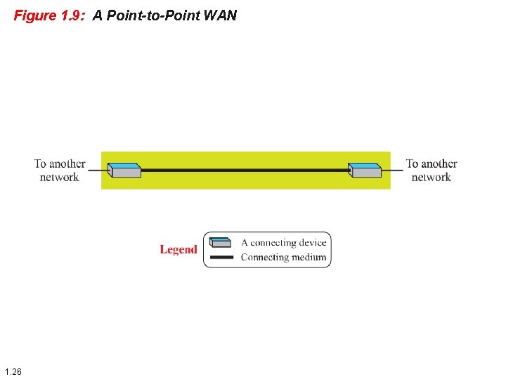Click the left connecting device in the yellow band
pyautogui.click(x=125, y=170)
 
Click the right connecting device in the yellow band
pyautogui.click(x=365, y=170)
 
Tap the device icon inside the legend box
pyautogui.click(x=221, y=242)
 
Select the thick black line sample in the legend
pyautogui.click(x=221, y=258)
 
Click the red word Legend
pyautogui.click(x=179, y=249)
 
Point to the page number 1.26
pyautogui.click(x=13, y=371)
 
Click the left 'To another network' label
pyautogui.click(x=60, y=171)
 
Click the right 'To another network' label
pyautogui.click(x=432, y=171)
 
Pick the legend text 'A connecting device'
pyautogui.click(x=284, y=243)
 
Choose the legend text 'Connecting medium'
pyautogui.click(x=283, y=258)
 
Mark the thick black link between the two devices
pyautogui.click(x=245, y=170)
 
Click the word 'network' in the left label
pyautogui.click(x=60, y=178)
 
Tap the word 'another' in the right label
pyautogui.click(x=439, y=164)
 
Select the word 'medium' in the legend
pyautogui.click(x=309, y=258)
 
